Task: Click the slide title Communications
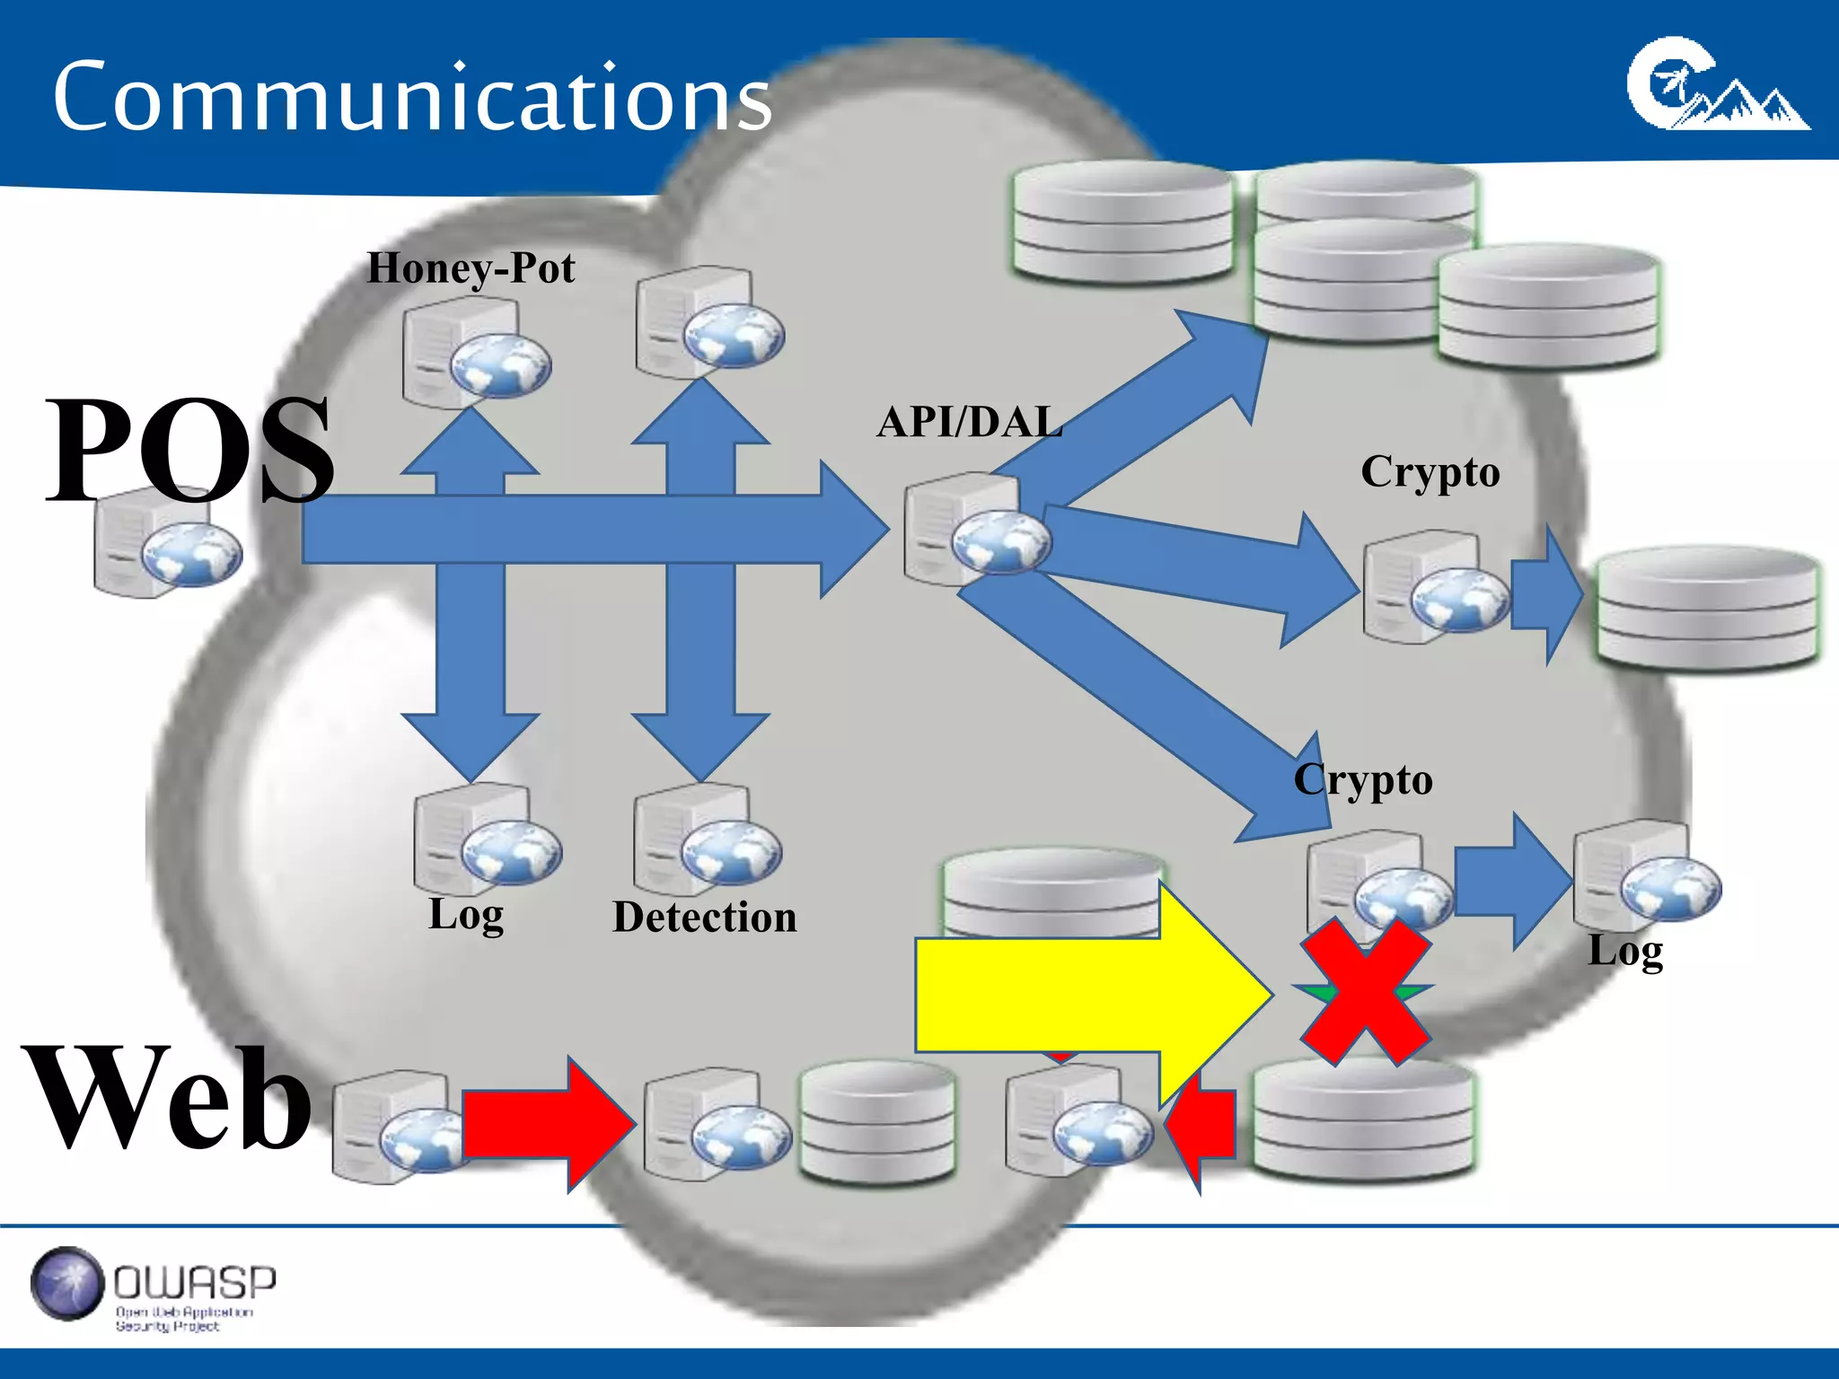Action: pos(411,97)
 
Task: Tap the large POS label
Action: pos(189,449)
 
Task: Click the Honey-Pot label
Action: pos(471,268)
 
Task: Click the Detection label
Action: pos(705,918)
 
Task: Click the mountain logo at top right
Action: pos(1717,85)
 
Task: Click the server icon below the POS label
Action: pos(166,543)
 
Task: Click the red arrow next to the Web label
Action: pos(548,1124)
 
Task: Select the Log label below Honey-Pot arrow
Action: pos(466,916)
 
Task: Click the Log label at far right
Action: pos(1625,952)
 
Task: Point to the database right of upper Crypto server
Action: pos(1706,609)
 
